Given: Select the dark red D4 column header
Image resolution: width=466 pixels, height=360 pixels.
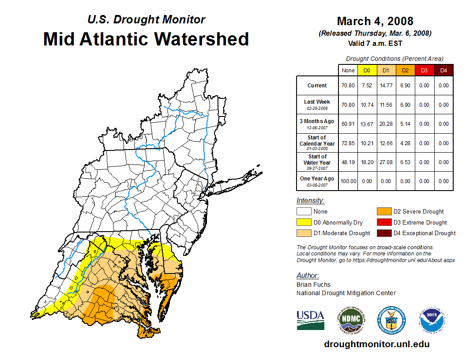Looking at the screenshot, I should [443, 71].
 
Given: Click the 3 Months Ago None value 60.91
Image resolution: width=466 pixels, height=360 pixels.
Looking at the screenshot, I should [348, 124].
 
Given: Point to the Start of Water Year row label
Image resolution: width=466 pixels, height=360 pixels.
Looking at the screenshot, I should [317, 162].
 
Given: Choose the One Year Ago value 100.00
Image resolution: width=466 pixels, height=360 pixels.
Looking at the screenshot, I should [348, 181].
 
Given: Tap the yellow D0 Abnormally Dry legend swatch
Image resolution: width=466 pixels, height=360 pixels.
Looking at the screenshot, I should [304, 222].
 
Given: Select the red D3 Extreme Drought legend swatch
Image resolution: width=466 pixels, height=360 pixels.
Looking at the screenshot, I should [383, 222].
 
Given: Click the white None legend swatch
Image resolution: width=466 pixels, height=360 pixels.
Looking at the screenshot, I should [304, 212].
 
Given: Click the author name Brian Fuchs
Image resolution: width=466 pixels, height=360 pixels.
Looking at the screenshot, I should [313, 285].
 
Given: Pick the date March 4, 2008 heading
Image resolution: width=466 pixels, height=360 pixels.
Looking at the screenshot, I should [375, 21].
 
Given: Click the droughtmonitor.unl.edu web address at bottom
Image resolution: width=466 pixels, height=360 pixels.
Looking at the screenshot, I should [376, 344].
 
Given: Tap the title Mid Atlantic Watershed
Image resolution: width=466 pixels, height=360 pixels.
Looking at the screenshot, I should [146, 39].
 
